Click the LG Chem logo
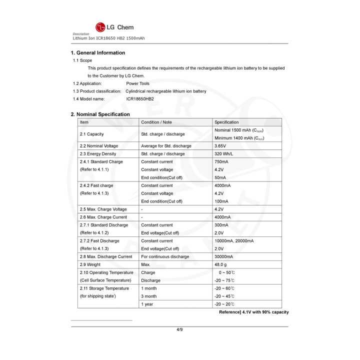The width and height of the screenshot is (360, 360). click(x=114, y=27)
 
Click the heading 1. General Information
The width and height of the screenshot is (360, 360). click(x=98, y=52)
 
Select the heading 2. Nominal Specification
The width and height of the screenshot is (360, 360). click(x=100, y=114)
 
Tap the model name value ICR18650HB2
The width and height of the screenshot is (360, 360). click(x=140, y=99)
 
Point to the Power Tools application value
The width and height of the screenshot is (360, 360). click(x=138, y=83)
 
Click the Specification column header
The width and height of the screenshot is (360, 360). click(x=226, y=122)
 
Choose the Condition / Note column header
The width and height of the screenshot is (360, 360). click(x=156, y=122)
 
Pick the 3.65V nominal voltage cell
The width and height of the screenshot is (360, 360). click(x=220, y=146)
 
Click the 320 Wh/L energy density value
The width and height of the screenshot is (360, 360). click(x=224, y=154)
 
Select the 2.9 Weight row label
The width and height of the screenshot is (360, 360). click(x=90, y=264)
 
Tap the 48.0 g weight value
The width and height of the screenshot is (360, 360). click(x=220, y=264)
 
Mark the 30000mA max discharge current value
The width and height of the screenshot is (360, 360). click(x=223, y=256)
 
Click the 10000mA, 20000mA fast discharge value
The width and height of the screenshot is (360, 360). click(x=233, y=240)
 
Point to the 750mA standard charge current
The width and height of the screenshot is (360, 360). click(x=221, y=161)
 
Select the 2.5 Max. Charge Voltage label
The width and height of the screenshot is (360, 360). click(x=103, y=209)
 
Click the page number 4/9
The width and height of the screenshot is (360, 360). click(x=179, y=330)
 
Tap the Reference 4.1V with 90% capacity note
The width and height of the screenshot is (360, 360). click(x=253, y=312)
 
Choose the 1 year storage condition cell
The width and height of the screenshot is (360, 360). click(x=147, y=304)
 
